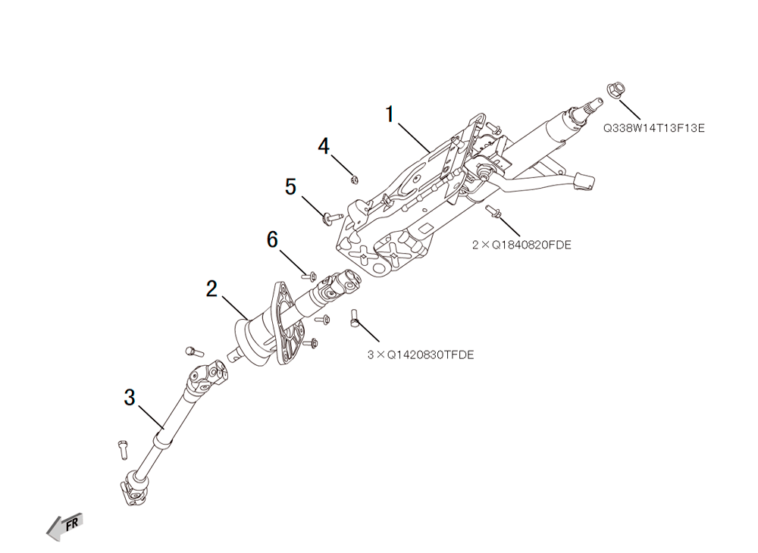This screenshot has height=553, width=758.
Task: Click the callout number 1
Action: (390, 114)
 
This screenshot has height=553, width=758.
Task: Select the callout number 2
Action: (211, 289)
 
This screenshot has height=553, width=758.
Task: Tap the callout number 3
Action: (130, 398)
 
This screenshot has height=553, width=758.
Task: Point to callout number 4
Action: (324, 146)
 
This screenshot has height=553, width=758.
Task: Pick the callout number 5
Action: (290, 186)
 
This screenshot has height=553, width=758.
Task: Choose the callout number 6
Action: (273, 239)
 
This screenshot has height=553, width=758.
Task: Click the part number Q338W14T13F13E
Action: (653, 128)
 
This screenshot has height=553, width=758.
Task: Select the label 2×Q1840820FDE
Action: (522, 245)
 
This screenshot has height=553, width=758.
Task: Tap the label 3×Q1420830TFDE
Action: (421, 355)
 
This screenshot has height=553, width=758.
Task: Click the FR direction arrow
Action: (65, 526)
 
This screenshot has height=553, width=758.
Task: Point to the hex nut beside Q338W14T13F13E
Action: (615, 90)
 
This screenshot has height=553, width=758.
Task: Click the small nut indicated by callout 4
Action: (354, 180)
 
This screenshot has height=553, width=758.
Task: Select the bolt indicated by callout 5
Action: (333, 217)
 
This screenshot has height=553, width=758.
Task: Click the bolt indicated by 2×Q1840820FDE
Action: (493, 211)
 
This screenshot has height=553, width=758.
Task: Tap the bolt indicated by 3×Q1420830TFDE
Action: (353, 318)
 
